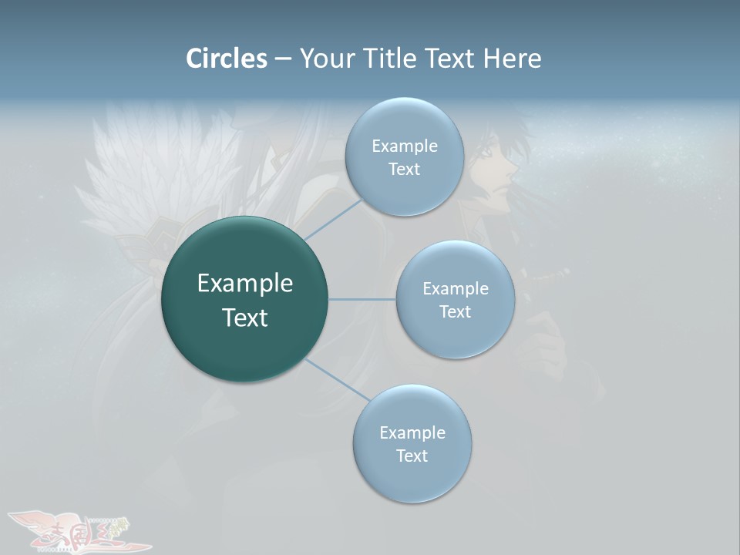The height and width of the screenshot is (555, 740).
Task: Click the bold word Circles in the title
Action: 227,59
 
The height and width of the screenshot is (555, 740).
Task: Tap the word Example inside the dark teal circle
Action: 245,284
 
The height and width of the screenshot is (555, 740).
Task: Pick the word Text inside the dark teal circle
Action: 245,318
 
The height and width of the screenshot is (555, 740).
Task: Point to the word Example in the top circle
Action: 404,146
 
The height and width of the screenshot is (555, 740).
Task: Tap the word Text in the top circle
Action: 404,170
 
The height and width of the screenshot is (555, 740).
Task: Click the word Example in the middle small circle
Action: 455,289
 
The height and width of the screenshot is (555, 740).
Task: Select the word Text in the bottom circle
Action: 412,456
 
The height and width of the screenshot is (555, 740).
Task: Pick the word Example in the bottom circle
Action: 412,433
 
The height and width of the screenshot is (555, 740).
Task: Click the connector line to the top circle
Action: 333,219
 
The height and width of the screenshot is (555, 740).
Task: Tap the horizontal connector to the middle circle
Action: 362,299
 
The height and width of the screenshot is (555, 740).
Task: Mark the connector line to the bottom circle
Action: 338,379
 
